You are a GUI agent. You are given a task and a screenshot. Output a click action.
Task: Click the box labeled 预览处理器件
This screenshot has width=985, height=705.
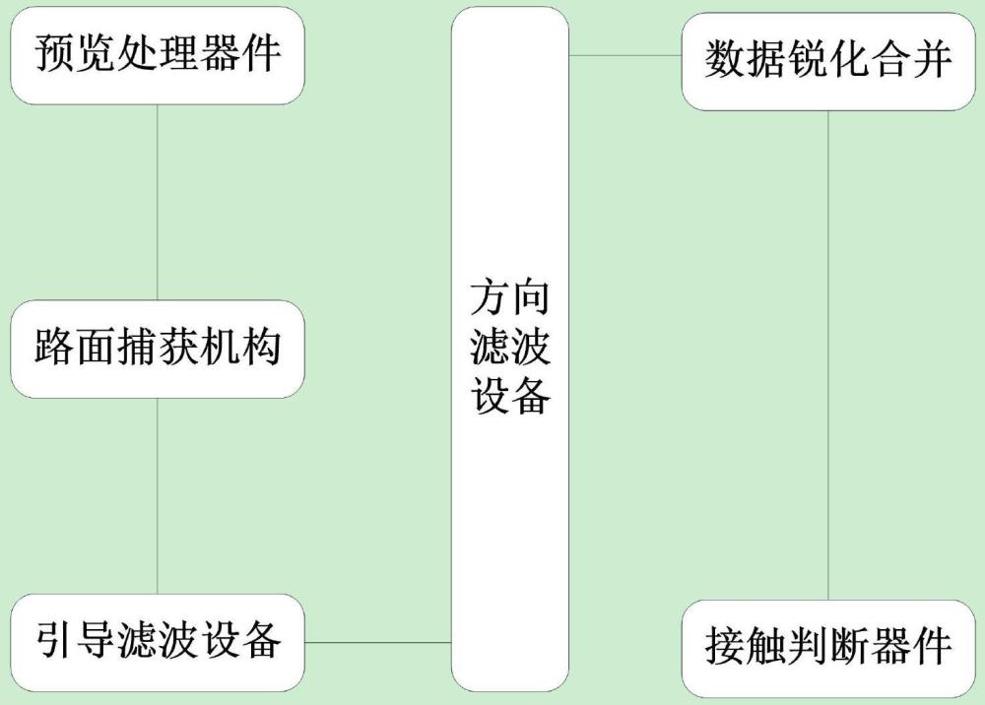(x=158, y=55)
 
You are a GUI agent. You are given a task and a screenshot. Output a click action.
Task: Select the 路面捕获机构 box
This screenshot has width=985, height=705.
(x=158, y=349)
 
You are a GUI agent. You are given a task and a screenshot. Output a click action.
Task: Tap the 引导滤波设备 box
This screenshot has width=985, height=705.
(x=158, y=643)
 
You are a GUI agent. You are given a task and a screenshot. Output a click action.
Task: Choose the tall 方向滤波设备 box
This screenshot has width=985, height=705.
(x=510, y=349)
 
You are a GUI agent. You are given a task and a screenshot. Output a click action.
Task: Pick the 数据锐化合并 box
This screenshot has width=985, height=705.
(x=828, y=61)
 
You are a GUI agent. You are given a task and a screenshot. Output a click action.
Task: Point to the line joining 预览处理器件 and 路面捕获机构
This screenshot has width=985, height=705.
(x=157, y=202)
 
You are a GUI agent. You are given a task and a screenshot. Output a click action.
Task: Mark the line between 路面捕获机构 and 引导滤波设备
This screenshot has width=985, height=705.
(x=157, y=496)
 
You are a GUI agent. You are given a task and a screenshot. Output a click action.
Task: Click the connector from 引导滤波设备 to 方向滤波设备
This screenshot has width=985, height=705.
(x=378, y=642)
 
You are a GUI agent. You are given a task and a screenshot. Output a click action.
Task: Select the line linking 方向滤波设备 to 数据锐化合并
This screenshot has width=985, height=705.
(x=625, y=55)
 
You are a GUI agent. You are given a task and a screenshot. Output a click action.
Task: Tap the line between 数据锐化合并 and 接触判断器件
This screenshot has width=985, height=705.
(x=828, y=355)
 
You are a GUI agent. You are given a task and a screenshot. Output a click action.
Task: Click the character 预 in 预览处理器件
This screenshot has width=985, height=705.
(x=54, y=53)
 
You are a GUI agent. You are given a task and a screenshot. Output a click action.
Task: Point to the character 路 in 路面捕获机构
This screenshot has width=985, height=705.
(x=54, y=347)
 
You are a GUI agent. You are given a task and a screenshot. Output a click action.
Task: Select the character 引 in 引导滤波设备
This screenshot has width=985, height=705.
(x=54, y=640)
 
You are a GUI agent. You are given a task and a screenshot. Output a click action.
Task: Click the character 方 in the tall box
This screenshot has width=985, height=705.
(x=490, y=297)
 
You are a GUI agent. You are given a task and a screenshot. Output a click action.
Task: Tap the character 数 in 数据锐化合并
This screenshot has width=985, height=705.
(x=724, y=60)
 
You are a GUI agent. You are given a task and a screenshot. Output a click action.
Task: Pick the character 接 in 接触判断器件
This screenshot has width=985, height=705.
(x=724, y=646)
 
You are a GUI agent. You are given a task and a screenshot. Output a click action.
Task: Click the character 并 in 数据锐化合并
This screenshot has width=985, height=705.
(x=932, y=60)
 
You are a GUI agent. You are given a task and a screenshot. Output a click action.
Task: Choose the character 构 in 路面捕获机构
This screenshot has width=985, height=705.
(x=261, y=347)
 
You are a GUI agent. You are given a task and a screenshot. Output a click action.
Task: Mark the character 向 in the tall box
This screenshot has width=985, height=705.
(x=531, y=297)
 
